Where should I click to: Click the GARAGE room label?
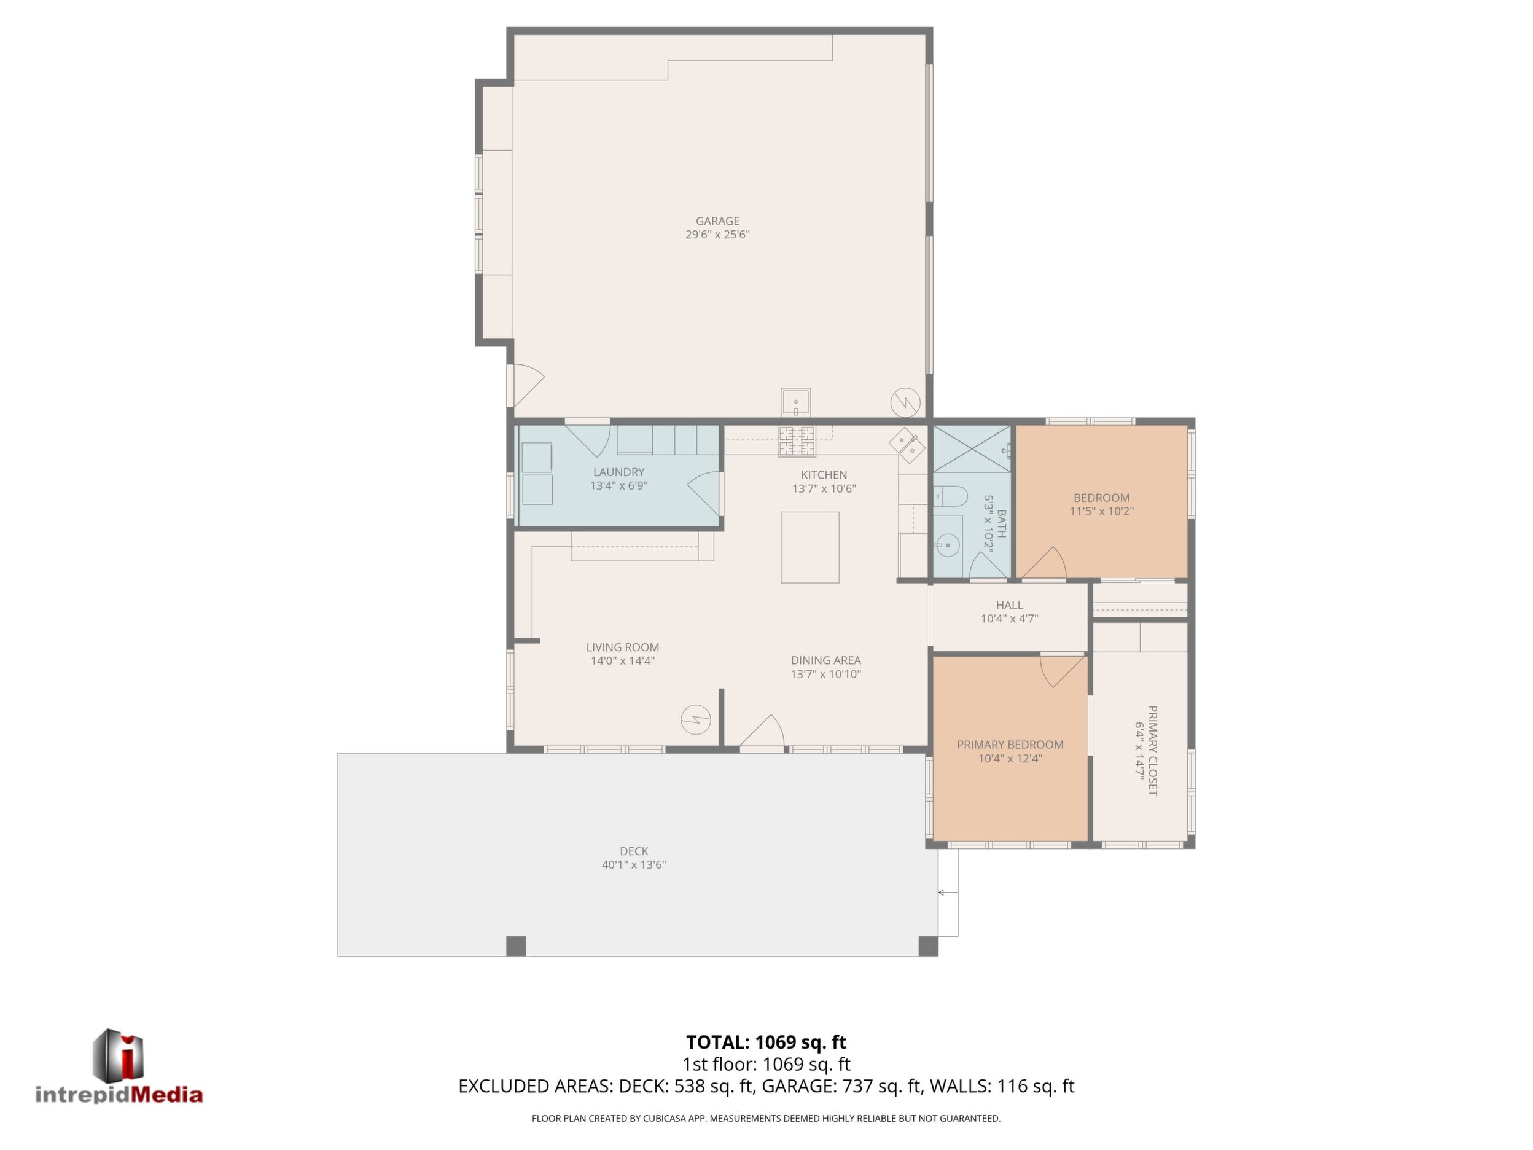click(717, 221)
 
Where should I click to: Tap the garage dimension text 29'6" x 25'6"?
click(717, 234)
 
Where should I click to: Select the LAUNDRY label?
click(619, 472)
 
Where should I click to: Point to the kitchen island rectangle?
click(809, 547)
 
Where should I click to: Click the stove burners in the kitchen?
click(797, 442)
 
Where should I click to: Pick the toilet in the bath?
click(950, 496)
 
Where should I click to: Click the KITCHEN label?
click(824, 475)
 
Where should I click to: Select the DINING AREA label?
click(825, 660)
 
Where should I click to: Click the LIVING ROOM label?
click(622, 647)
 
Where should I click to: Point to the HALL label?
click(1009, 605)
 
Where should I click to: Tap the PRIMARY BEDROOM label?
click(1010, 745)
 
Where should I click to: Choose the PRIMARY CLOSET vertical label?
click(1153, 751)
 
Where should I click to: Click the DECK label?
click(634, 851)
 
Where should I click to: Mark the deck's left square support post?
click(516, 946)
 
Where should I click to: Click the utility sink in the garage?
click(795, 402)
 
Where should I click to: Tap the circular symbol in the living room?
click(695, 719)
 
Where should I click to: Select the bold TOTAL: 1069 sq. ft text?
click(766, 1042)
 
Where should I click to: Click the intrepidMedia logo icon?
click(118, 1054)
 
